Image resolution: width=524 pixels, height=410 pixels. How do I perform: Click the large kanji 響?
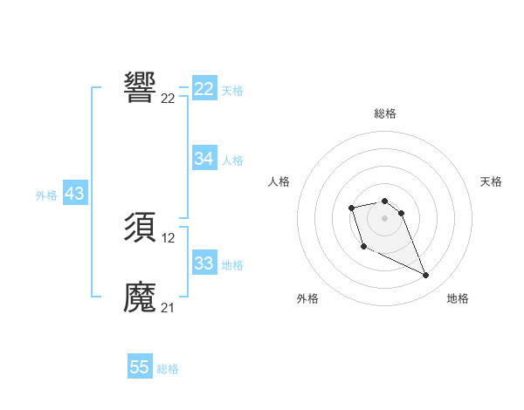coord(141,87)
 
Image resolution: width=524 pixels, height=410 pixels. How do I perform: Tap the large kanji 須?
coord(141,229)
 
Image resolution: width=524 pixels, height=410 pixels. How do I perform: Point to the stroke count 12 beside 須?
coord(169,238)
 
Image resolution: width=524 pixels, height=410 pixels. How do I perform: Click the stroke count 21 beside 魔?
coord(169,308)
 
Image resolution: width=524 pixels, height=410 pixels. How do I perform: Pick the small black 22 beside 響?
coord(169,98)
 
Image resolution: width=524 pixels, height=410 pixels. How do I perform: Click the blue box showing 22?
coord(204,89)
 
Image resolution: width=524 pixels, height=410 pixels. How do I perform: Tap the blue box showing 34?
coord(204,159)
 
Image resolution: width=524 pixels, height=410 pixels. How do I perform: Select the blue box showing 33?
coord(204,263)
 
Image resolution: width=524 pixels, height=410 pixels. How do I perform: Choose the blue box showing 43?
coord(74,195)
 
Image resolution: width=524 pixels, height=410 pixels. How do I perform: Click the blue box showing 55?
coord(140,367)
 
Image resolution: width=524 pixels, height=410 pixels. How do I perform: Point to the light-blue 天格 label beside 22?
coord(232,90)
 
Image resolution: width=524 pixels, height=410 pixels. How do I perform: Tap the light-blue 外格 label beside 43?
coord(46,195)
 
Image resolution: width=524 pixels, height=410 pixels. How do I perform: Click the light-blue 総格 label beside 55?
coord(168,368)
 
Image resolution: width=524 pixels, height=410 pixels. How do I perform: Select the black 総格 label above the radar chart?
coord(385,113)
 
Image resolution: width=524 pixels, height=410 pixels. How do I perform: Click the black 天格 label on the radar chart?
coord(491,181)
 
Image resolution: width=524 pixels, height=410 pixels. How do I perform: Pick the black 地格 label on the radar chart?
coord(458,298)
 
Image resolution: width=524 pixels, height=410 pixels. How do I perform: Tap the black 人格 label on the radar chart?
coord(279,181)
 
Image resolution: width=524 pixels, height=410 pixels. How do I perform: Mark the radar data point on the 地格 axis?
coord(426,276)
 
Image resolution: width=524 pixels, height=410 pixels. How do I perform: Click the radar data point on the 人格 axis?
coord(351,208)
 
